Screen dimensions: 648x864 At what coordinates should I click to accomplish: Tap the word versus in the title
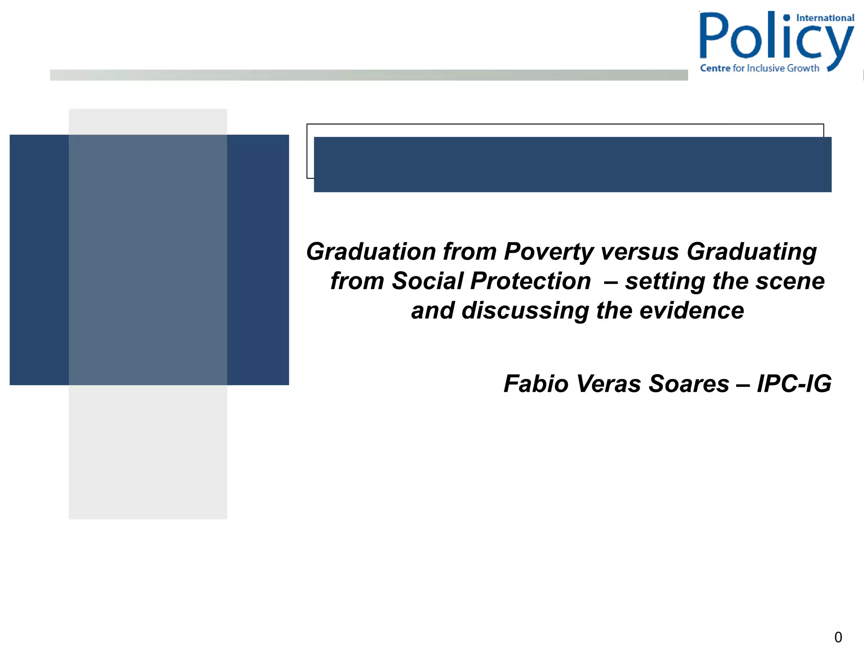pyautogui.click(x=640, y=252)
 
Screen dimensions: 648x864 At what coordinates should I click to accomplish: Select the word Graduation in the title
pyautogui.click(x=371, y=252)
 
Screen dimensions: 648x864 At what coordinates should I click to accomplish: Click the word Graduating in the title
pyautogui.click(x=751, y=252)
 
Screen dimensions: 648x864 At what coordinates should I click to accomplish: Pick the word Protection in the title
pyautogui.click(x=530, y=281)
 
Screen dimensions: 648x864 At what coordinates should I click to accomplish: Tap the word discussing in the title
pyautogui.click(x=525, y=310)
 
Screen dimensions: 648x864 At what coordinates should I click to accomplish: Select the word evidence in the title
pyautogui.click(x=691, y=310)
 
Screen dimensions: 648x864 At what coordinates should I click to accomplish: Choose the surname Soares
pyautogui.click(x=688, y=384)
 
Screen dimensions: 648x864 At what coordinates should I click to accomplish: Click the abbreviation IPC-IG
pyautogui.click(x=794, y=384)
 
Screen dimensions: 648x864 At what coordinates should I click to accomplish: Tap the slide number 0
pyautogui.click(x=838, y=637)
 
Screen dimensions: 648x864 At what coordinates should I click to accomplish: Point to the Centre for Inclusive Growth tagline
pyautogui.click(x=759, y=68)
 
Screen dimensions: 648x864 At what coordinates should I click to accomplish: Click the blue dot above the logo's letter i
pyautogui.click(x=786, y=18)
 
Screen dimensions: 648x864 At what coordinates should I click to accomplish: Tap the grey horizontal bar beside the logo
pyautogui.click(x=369, y=75)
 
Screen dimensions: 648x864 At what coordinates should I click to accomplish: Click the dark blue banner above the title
pyautogui.click(x=572, y=165)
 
